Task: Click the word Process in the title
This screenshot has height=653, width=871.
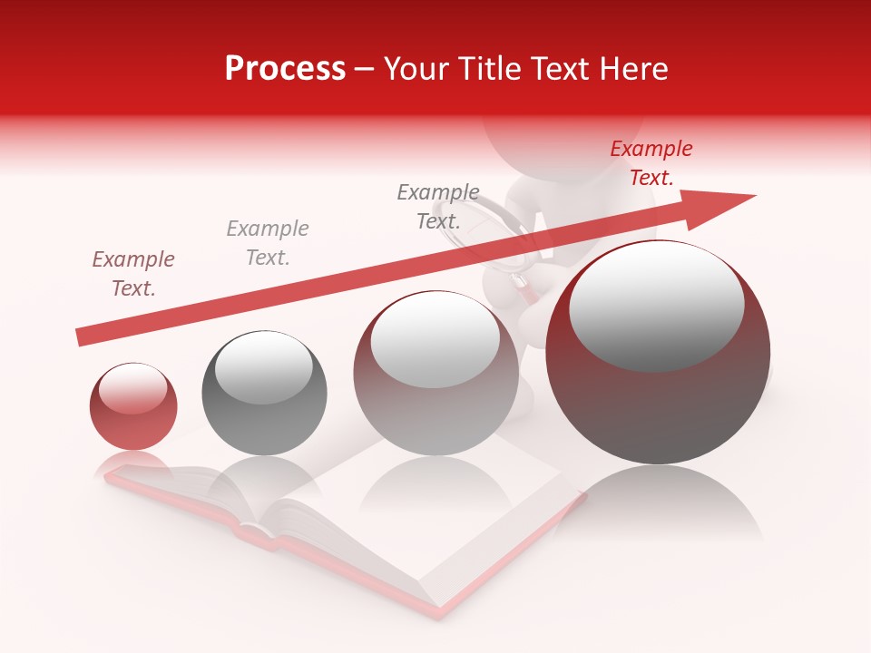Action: click(x=285, y=69)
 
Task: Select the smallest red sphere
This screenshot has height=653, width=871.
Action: click(x=133, y=406)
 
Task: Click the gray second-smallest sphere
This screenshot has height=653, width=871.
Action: click(x=264, y=393)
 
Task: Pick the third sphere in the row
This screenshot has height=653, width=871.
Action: click(x=435, y=374)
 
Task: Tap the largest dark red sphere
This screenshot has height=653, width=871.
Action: click(x=658, y=354)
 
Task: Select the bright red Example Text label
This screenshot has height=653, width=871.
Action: click(x=651, y=163)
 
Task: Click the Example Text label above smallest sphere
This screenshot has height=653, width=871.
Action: click(x=133, y=274)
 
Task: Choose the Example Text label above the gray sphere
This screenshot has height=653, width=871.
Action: click(x=268, y=243)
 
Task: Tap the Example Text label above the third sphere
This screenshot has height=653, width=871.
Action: click(x=438, y=207)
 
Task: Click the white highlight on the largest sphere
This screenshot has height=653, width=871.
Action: click(x=656, y=306)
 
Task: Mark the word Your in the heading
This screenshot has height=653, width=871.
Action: click(x=417, y=69)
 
